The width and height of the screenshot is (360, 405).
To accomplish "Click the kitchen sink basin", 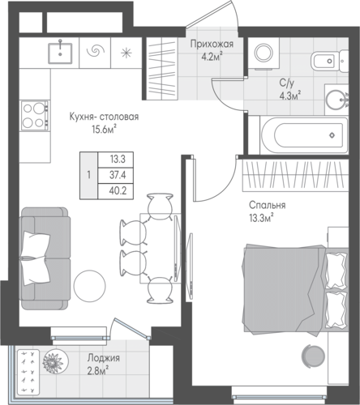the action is pyautogui.click(x=60, y=53).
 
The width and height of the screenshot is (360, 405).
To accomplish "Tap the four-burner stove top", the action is pyautogui.click(x=36, y=116).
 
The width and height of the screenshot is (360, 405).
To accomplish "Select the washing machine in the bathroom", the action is pyautogui.click(x=264, y=53).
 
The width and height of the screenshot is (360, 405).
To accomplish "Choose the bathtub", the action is pyautogui.click(x=304, y=135).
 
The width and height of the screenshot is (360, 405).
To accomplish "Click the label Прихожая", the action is pyautogui.click(x=212, y=44).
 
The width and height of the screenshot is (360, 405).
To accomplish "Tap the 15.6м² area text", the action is pyautogui.click(x=104, y=130).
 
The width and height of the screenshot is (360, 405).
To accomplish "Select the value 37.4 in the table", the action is pyautogui.click(x=118, y=176).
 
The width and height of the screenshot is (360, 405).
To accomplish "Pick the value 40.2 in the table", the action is pyautogui.click(x=118, y=191).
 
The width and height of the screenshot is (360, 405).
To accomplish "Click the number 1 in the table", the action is pyautogui.click(x=88, y=175).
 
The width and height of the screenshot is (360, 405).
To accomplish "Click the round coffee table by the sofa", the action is pyautogui.click(x=89, y=286).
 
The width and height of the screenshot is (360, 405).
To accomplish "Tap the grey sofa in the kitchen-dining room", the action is pyautogui.click(x=45, y=258).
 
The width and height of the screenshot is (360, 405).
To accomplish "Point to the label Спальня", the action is pyautogui.click(x=267, y=205).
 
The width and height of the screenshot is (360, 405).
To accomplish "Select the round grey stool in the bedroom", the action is pyautogui.click(x=313, y=356).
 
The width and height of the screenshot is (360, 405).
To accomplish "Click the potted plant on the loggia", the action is pyautogui.click(x=55, y=361).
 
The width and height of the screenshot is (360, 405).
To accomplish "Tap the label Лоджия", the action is pyautogui.click(x=104, y=358).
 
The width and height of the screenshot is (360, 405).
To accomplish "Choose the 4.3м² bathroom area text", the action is pyautogui.click(x=290, y=96).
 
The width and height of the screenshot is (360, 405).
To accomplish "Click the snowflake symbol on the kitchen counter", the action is pyautogui.click(x=126, y=53).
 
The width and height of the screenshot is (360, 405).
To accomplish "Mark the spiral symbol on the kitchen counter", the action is pyautogui.click(x=95, y=50).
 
